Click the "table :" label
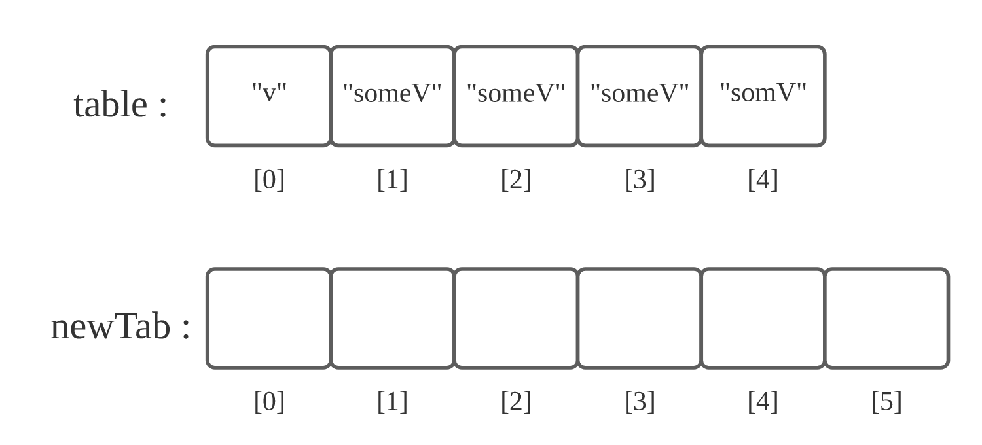[120, 105]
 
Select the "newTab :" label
[120, 326]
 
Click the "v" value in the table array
[269, 92]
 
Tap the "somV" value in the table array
[763, 92]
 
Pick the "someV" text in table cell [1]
[392, 93]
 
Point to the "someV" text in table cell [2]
[516, 93]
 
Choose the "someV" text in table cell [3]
[640, 93]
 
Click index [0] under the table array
[269, 179]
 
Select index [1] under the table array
[392, 179]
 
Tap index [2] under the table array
[516, 179]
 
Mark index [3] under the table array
[640, 179]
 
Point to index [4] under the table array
[763, 179]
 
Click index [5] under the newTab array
[886, 401]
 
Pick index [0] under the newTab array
[269, 401]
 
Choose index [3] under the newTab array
[640, 401]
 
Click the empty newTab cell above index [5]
[886, 318]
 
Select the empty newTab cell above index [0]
[269, 318]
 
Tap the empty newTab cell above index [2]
[516, 318]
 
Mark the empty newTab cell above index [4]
[763, 318]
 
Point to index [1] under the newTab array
[392, 401]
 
